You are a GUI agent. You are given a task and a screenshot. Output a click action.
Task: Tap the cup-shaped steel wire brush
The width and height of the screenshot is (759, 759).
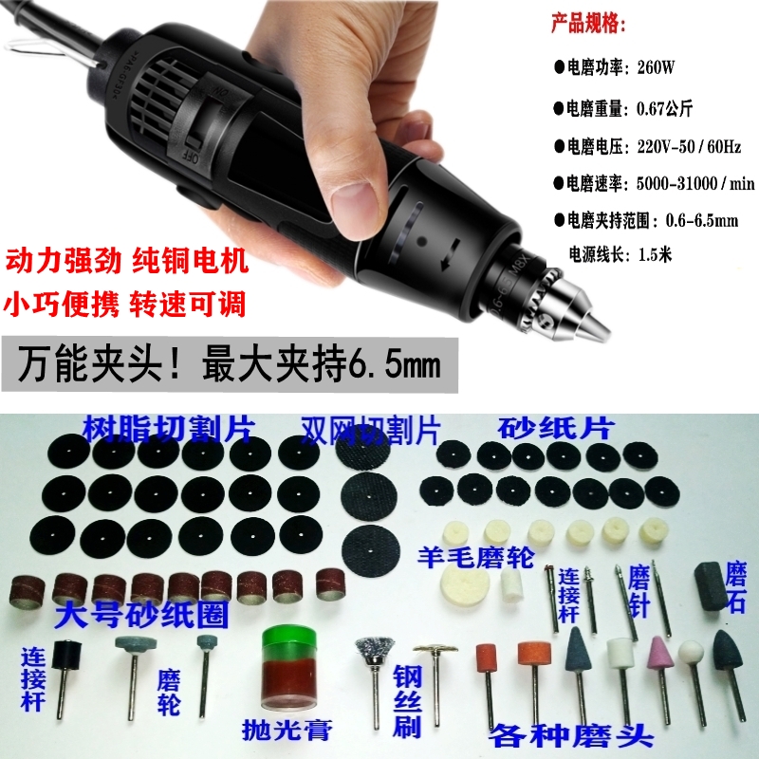pos(369,654)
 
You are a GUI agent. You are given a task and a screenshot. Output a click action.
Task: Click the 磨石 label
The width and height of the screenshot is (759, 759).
pos(736,588)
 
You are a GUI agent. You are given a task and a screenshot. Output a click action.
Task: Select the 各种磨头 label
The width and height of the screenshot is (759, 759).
pos(561,735)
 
